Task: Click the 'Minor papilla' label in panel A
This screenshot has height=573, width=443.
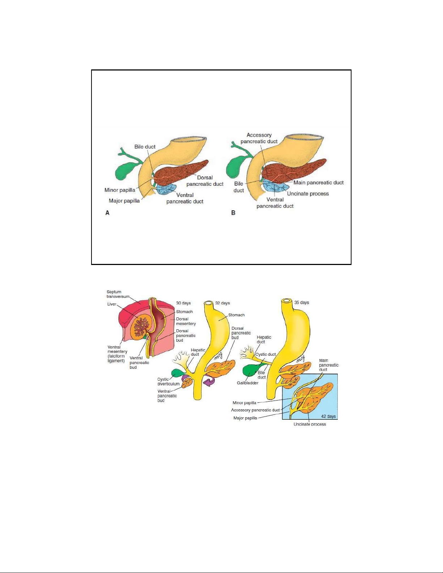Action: [x=120, y=190]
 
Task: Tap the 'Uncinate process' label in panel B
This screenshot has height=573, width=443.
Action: [x=308, y=194]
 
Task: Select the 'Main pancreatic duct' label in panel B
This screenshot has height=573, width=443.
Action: [x=318, y=183]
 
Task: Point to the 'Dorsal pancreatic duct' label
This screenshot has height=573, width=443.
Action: [x=205, y=181]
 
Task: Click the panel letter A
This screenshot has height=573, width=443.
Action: [x=107, y=213]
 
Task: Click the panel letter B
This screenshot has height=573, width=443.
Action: [x=233, y=213]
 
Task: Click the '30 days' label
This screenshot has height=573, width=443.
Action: [x=183, y=303]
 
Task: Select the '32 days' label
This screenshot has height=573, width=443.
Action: [x=222, y=303]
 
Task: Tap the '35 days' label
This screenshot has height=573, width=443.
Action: [x=302, y=303]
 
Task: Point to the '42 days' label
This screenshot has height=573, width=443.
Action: [x=328, y=416]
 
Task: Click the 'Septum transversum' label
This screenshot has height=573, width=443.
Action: [x=118, y=294]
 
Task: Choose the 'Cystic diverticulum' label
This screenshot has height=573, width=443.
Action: [x=168, y=381]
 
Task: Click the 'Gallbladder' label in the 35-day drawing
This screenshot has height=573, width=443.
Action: [x=247, y=383]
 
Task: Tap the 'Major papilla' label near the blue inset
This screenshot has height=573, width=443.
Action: [x=245, y=418]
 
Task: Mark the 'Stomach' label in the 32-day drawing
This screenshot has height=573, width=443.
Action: [x=236, y=315]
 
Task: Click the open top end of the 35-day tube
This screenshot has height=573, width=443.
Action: [x=287, y=301]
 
